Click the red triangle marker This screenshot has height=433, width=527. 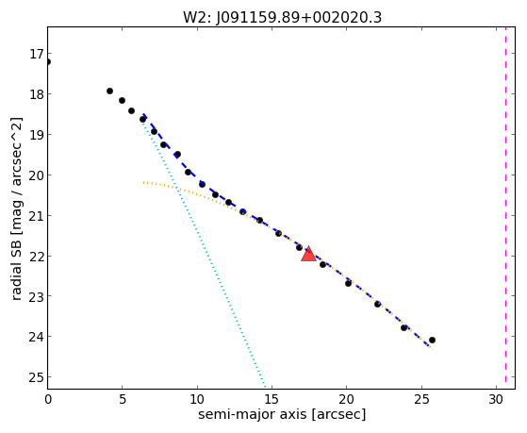[308, 254]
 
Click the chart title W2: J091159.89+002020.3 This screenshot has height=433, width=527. [282, 18]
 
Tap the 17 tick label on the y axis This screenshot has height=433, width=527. [37, 54]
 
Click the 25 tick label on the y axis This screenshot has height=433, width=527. [37, 377]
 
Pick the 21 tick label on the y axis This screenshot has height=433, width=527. [37, 216]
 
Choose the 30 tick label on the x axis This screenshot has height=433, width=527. [496, 399]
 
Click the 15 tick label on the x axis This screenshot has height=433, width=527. [272, 399]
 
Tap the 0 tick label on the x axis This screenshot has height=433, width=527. [48, 399]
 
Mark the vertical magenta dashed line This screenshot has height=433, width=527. [505, 208]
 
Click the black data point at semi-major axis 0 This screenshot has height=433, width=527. [48, 62]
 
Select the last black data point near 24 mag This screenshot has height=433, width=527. [432, 341]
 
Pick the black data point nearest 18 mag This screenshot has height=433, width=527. [109, 91]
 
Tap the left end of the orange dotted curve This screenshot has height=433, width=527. [143, 183]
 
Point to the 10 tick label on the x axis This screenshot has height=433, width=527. [197, 399]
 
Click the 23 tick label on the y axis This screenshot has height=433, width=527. [37, 296]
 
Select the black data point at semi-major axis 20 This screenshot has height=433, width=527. [348, 283]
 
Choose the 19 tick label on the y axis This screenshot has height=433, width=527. [37, 135]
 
